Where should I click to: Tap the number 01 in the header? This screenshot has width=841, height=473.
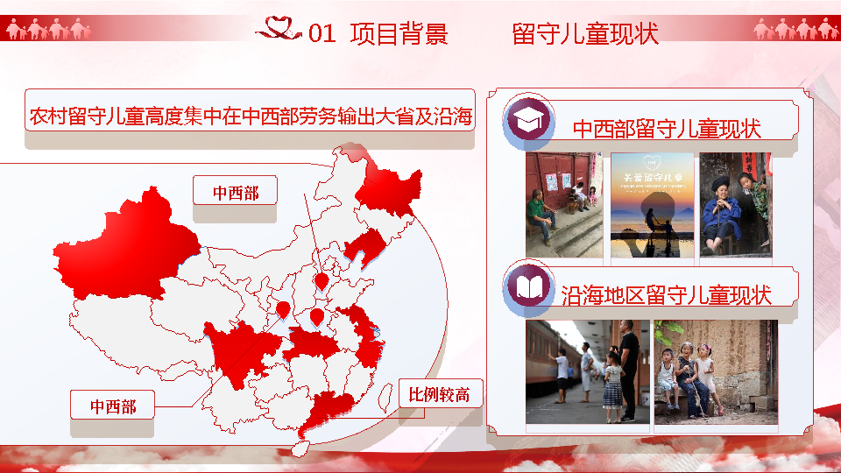322,35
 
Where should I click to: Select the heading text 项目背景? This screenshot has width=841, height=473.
399,34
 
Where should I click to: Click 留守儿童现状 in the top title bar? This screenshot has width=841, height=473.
584,34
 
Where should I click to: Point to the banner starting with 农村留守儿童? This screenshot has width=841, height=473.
250,115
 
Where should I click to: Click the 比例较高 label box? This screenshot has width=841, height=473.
439,395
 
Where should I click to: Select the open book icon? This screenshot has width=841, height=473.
528,288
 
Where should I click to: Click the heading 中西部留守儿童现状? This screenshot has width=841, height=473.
667,129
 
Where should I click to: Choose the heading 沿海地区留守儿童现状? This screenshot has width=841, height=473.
666,294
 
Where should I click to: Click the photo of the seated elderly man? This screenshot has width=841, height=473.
564,205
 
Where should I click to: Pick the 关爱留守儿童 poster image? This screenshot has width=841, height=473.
652,205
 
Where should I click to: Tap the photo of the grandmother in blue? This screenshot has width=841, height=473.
735,205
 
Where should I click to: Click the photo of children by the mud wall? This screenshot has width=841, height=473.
715,371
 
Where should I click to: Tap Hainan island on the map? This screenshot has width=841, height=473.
299,447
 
